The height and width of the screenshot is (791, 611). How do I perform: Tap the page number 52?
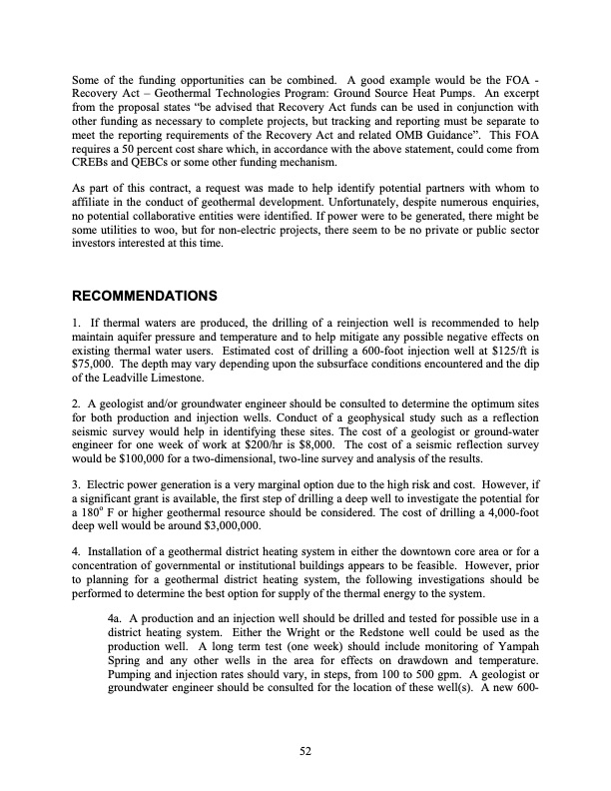[305, 753]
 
